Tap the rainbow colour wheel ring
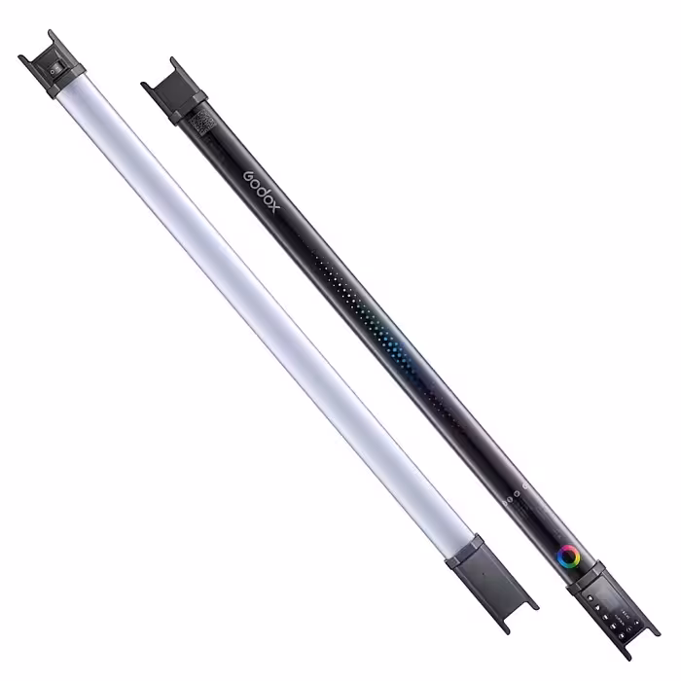[568, 556]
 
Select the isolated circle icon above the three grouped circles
[526, 484]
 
